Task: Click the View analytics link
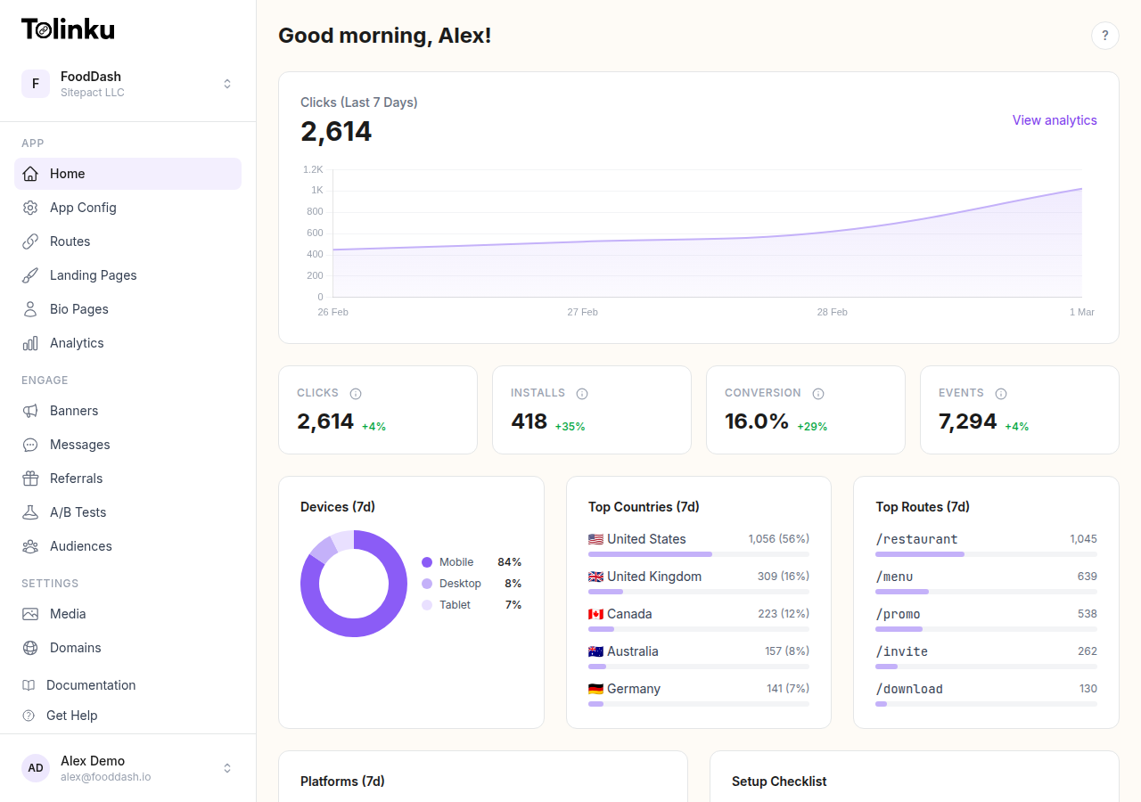click(x=1054, y=120)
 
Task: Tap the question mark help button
click(x=1104, y=36)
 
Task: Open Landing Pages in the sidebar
click(x=93, y=275)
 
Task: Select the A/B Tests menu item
click(x=78, y=512)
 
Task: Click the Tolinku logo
click(x=68, y=29)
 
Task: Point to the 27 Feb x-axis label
click(x=582, y=312)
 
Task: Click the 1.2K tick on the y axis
click(x=313, y=169)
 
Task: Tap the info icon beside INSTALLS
click(x=582, y=394)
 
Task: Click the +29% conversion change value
click(x=811, y=427)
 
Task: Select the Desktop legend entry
click(x=459, y=584)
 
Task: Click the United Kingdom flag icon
click(x=595, y=577)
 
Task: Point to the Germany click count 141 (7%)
click(x=787, y=689)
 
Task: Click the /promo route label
click(x=898, y=614)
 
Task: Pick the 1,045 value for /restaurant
click(x=1082, y=539)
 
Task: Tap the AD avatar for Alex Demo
click(x=36, y=768)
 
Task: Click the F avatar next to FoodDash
click(x=36, y=84)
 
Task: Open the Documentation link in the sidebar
click(x=91, y=685)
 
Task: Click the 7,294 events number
click(x=967, y=421)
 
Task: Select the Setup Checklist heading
click(x=778, y=782)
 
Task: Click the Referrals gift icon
click(x=30, y=479)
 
